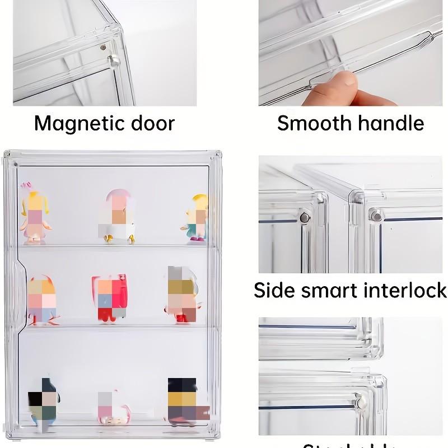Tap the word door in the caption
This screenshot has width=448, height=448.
[151, 123]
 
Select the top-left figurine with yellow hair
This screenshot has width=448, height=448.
[35, 217]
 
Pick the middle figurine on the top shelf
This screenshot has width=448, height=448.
[118, 216]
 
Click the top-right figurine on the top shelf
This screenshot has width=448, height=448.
[197, 217]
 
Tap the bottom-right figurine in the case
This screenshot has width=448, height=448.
[184, 400]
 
